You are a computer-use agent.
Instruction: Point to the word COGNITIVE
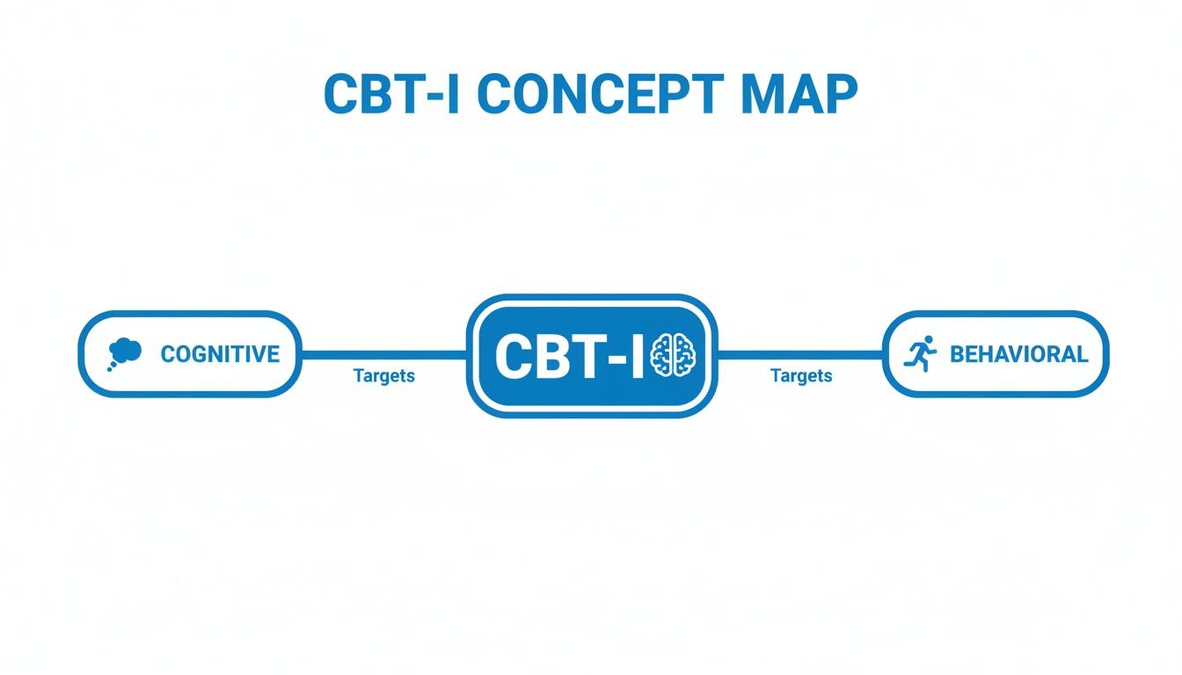[220, 354]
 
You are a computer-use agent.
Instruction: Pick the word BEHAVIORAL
[1018, 354]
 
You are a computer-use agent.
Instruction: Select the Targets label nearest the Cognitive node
[383, 376]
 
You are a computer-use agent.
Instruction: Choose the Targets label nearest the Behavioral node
[801, 376]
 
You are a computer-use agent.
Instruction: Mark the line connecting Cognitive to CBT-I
[383, 355]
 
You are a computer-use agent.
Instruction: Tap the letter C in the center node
[513, 357]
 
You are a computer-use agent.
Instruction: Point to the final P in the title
[837, 94]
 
